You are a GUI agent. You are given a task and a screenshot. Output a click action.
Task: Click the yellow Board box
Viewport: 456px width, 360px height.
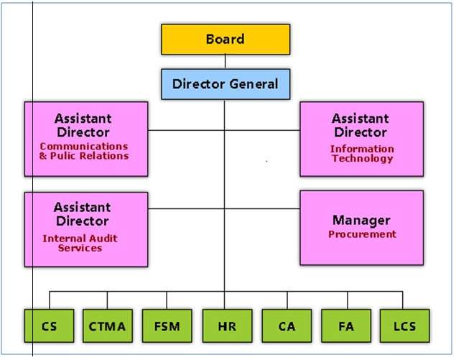point(225,40)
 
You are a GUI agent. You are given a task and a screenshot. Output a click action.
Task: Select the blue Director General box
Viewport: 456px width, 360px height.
point(225,84)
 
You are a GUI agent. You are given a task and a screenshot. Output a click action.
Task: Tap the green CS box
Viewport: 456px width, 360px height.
point(49,327)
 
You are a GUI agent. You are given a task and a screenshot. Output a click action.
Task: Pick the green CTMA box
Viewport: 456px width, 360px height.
point(108,327)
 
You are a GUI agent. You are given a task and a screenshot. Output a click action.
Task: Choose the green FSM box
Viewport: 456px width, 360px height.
point(167,327)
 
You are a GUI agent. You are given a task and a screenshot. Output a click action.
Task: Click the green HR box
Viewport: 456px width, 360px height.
point(226,327)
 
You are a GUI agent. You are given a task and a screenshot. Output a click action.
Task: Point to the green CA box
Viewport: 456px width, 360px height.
point(286,327)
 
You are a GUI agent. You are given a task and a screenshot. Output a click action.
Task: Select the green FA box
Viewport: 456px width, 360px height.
point(345,327)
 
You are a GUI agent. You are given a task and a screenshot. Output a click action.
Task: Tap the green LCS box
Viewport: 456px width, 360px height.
point(404,327)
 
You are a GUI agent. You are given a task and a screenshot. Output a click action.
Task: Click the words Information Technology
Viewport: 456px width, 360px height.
point(362,154)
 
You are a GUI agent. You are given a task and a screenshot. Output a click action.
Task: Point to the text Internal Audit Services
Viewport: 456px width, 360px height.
point(80,243)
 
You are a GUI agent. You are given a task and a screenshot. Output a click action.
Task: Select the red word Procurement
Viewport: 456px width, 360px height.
point(362,234)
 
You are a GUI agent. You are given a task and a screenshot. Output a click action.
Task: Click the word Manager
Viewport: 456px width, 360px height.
point(361,220)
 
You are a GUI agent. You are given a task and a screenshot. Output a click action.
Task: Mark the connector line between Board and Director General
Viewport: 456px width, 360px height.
point(225,62)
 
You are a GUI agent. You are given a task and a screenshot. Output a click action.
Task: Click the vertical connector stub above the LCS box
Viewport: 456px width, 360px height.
point(403,300)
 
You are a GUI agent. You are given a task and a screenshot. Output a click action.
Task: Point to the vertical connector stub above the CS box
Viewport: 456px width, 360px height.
point(49,300)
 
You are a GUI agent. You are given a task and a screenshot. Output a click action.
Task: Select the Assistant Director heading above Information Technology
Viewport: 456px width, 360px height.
point(360,126)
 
